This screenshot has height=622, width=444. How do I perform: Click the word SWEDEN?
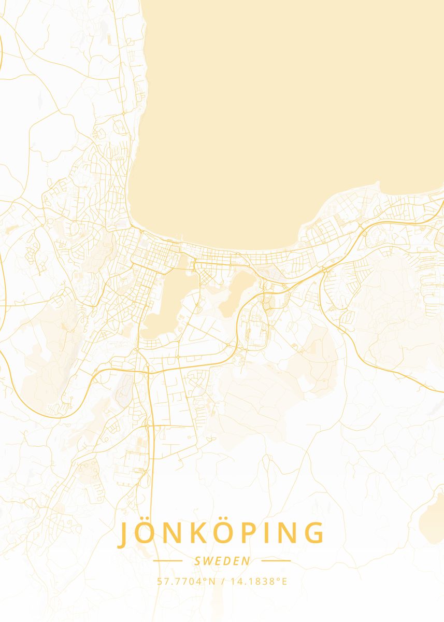tap(222, 561)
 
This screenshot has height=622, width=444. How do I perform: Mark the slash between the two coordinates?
tap(223, 582)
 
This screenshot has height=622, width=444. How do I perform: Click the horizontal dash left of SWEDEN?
tap(168, 561)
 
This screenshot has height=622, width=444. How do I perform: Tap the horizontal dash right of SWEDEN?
tap(276, 561)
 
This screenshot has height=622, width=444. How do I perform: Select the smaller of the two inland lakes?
tap(236, 295)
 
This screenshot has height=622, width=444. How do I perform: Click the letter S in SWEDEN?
tap(197, 561)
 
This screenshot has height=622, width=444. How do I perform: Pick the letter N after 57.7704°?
tap(212, 582)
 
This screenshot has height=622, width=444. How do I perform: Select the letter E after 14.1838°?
tap(284, 582)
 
